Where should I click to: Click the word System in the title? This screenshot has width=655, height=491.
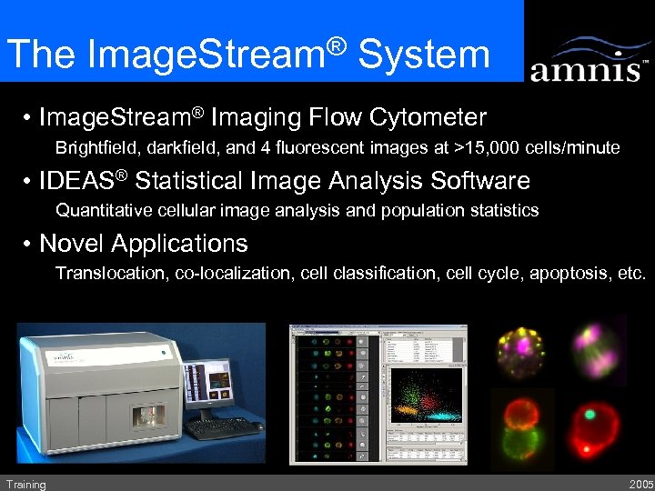[x=424, y=54]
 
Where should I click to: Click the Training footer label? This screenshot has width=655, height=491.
[x=25, y=484]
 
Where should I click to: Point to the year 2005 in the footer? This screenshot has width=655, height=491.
[x=640, y=484]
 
